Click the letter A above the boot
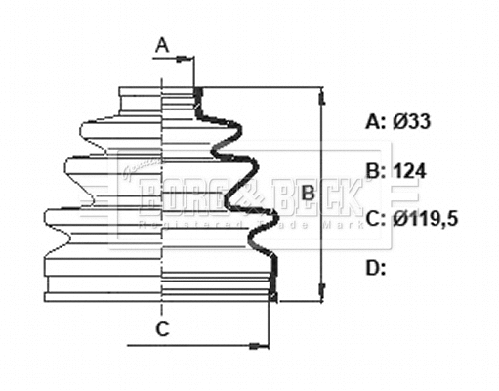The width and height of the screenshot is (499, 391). click(163, 43)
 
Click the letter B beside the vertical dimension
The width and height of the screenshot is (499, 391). click(307, 193)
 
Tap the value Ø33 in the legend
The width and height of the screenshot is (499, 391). click(412, 122)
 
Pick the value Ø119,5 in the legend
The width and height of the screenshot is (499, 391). click(427, 218)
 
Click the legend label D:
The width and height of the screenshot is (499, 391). click(376, 266)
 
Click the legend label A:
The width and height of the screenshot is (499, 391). click(375, 122)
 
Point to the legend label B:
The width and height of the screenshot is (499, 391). click(376, 171)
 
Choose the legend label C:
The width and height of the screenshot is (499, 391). click(376, 218)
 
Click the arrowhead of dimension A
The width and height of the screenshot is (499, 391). click(187, 59)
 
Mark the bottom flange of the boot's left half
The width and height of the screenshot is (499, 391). click(103, 290)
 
